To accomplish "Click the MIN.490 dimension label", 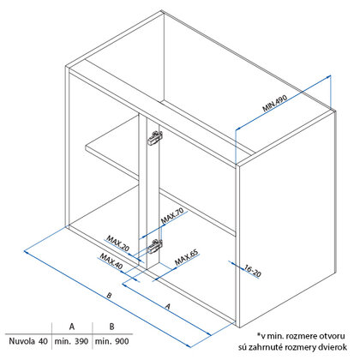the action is [x=274, y=103].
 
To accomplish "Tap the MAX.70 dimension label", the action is [x=172, y=216].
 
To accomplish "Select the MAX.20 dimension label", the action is [x=117, y=243].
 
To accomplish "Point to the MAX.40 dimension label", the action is [x=111, y=261].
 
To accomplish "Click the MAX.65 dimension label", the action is [x=186, y=258].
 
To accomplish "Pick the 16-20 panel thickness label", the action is [x=253, y=271].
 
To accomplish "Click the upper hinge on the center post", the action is [x=155, y=138].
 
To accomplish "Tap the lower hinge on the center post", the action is [x=155, y=246].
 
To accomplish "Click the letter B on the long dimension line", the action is [x=109, y=296].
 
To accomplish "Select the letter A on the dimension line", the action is [x=168, y=307].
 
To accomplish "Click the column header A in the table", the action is [x=72, y=327].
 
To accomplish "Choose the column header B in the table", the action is [x=112, y=327].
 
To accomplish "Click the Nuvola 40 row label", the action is [x=28, y=341].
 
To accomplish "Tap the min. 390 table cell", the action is [x=71, y=341].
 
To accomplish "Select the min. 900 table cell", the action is [x=112, y=341].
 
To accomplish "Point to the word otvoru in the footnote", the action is [x=333, y=336].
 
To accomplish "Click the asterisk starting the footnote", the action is [x=259, y=334].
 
